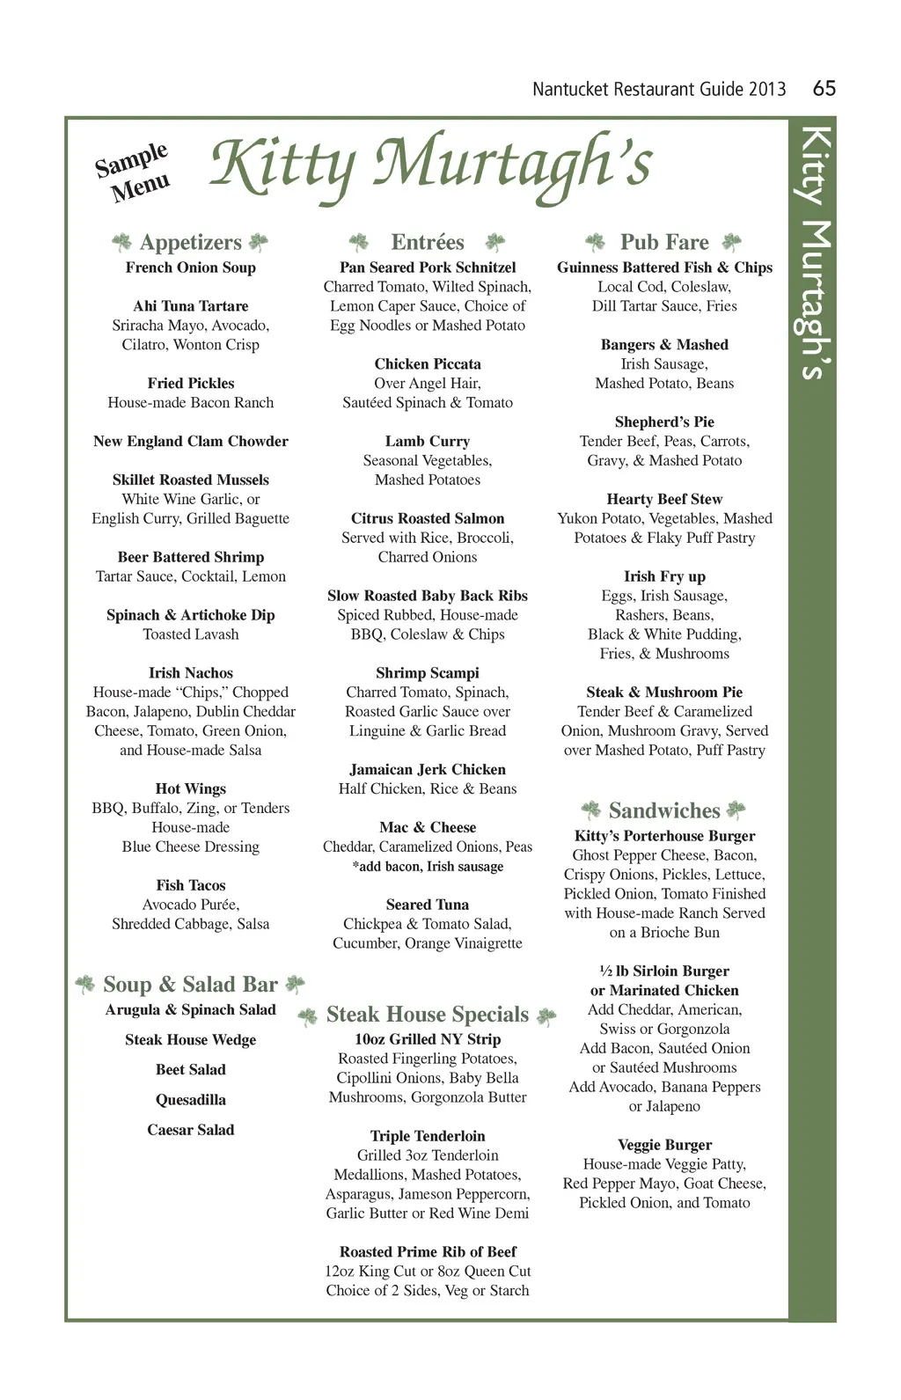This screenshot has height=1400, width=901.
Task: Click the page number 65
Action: click(824, 88)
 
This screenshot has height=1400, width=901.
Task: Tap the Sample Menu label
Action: click(134, 172)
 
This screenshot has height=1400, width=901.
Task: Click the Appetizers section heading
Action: click(190, 242)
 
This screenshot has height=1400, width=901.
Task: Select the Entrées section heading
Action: click(428, 242)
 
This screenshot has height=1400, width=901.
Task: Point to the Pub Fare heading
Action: click(664, 242)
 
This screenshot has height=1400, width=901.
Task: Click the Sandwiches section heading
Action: click(664, 810)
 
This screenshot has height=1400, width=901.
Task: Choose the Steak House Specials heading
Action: click(428, 1015)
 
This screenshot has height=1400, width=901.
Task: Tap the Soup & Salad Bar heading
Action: click(190, 985)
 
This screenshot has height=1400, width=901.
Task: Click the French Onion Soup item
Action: click(190, 268)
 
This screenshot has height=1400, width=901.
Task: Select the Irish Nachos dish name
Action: click(190, 673)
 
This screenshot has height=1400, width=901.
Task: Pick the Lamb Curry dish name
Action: click(428, 442)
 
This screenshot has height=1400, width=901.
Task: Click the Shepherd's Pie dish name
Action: click(664, 422)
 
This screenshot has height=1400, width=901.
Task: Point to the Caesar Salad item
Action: click(190, 1130)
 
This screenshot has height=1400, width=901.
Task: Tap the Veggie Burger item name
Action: click(664, 1145)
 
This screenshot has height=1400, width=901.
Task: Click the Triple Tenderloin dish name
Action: click(428, 1136)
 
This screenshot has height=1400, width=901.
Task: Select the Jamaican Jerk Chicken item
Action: click(428, 770)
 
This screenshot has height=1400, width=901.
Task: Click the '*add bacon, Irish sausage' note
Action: click(428, 867)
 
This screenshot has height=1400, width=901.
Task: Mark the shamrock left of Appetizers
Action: click(121, 242)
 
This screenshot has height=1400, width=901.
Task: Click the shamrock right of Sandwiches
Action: click(736, 810)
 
